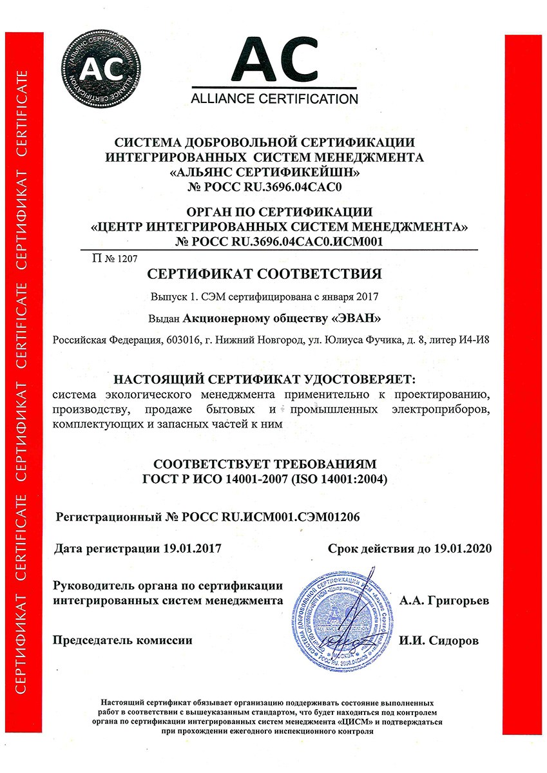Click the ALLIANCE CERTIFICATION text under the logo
274,99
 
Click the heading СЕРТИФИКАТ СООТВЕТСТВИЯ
265,274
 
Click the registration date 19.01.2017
191,549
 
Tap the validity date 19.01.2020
461,549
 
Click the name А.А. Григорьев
444,600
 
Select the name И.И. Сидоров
439,641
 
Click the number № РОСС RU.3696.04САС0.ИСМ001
279,242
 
